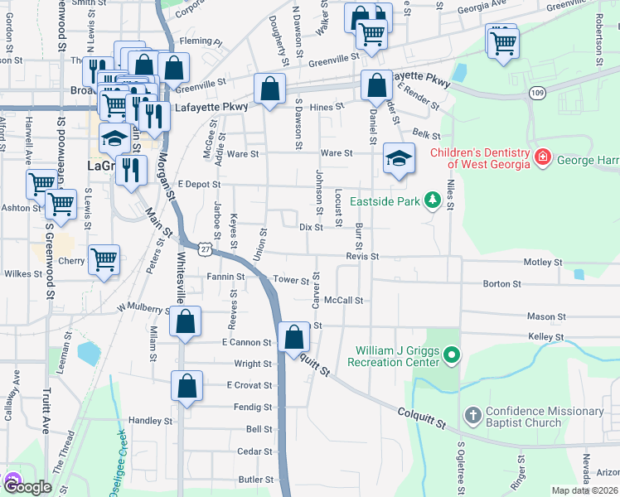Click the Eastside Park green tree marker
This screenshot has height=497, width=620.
[431, 200]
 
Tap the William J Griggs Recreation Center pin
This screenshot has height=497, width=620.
[451, 356]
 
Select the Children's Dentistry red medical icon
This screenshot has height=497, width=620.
[542, 156]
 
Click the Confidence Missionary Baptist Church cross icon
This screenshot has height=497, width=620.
[472, 416]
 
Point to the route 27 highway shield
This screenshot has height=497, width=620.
[204, 247]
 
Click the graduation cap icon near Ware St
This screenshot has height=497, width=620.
[399, 159]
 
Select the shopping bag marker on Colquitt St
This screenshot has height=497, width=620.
[293, 337]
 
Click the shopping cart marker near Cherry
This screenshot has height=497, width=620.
[104, 260]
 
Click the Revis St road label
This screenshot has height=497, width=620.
[362, 257]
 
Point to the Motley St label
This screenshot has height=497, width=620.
[543, 263]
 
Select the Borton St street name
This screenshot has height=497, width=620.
[501, 284]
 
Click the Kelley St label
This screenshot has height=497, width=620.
[546, 337]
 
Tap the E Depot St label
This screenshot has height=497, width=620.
[198, 184]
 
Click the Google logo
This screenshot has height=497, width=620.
[27, 486]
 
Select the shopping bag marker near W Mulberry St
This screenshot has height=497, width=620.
[186, 322]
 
